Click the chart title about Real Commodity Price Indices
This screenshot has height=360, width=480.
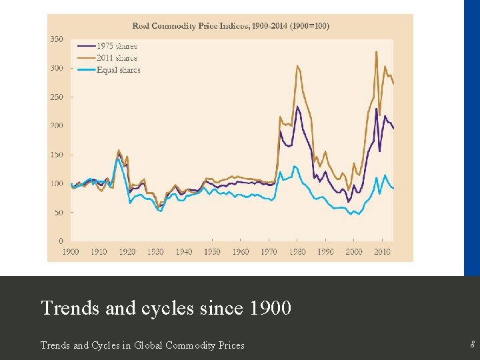(230, 26)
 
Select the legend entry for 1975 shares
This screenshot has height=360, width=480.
(117, 46)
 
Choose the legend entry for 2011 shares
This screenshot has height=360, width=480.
(117, 58)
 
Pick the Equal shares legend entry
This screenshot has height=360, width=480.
(118, 69)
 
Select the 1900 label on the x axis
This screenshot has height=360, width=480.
(71, 251)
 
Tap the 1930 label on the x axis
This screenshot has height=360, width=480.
(155, 251)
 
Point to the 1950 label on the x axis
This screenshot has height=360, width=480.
(212, 251)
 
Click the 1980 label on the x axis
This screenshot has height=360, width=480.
(297, 251)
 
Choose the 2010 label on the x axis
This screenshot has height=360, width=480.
(382, 251)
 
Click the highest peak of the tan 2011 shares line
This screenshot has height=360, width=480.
(377, 51)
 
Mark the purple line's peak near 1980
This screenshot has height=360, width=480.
(297, 107)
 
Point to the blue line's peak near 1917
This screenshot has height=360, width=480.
(119, 158)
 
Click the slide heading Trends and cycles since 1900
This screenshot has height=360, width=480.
(166, 308)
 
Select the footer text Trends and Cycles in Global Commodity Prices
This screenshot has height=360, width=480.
(143, 345)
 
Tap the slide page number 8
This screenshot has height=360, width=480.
(472, 345)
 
